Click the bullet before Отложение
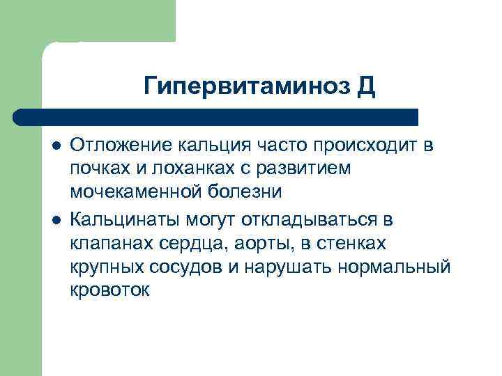click(x=56, y=146)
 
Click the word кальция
click(x=211, y=146)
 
